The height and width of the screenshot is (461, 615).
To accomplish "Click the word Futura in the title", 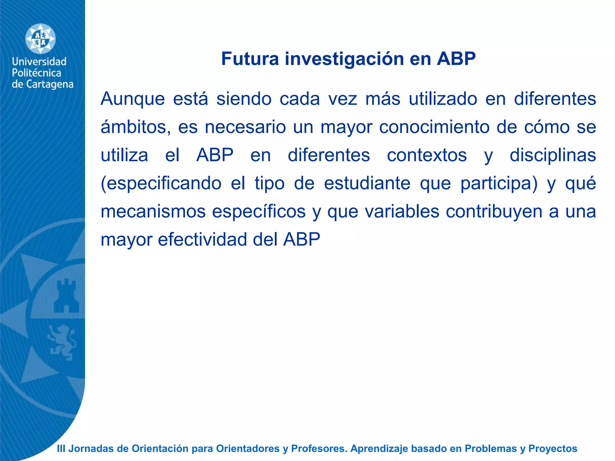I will pos(250,59).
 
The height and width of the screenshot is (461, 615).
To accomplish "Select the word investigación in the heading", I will pos(344,59).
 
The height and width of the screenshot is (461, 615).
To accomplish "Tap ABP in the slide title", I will pos(456,59).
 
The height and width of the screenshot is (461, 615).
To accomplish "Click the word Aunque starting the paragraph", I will pos(133,99).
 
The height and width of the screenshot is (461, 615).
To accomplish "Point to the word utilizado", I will pos(443,99).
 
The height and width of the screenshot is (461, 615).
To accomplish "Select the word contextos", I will pos(427,155).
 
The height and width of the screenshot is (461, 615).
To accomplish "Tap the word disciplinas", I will pos(553,155).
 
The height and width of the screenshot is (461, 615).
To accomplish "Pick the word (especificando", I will pos(161,184).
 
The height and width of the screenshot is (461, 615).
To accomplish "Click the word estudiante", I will pos(367,183).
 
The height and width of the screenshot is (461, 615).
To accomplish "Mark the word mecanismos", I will pos(153,212).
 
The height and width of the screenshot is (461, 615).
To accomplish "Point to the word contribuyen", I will pos(494,212).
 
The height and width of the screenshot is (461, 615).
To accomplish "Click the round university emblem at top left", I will pos(40,39).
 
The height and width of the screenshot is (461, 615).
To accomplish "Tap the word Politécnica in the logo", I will pos(36,73).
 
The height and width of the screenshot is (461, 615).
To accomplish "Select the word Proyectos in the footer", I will pos(553,449).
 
